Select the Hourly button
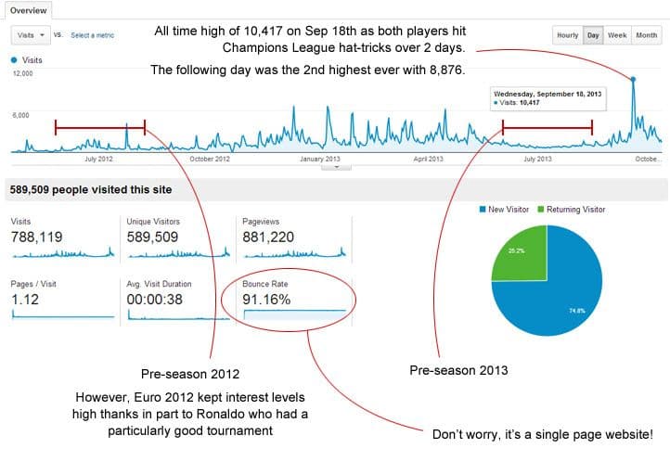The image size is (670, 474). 567,35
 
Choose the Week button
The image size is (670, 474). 617,35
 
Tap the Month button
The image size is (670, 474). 646,35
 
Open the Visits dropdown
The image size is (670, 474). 31,35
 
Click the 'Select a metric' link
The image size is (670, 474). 93,35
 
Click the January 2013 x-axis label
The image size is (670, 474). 320,159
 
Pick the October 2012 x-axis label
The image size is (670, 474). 209,159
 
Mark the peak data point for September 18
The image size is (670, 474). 634,79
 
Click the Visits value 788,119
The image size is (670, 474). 37,237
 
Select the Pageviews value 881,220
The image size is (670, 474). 269,237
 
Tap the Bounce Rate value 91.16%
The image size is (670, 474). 267,300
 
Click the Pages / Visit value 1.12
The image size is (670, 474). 23,300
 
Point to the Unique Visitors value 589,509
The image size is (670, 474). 154,237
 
